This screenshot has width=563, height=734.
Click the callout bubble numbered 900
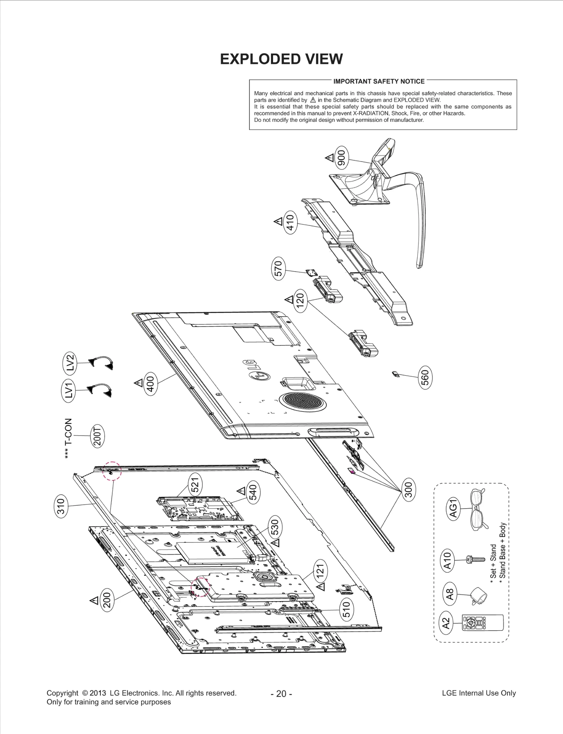coord(342,158)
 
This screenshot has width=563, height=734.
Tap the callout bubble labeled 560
coord(425,378)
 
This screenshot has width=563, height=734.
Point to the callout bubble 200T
coord(98,436)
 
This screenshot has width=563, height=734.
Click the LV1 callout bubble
coord(69,390)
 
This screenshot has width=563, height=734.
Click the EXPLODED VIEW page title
coord(281,59)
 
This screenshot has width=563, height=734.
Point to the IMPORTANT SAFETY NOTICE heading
coord(379,81)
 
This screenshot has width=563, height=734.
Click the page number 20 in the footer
coord(281,694)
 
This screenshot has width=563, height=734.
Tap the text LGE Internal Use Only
coord(479,693)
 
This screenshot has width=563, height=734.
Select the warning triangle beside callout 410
coord(278,222)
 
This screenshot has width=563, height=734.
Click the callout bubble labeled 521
coord(195,484)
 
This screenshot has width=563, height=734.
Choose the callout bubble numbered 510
coord(346,609)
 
